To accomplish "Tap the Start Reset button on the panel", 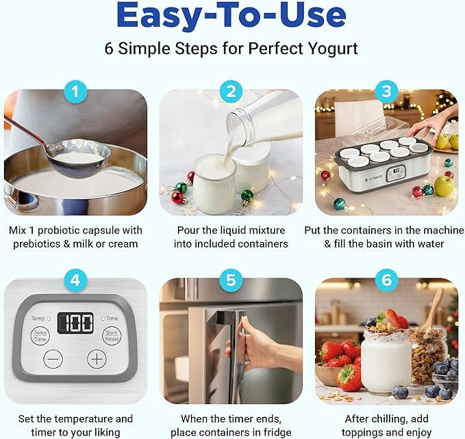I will coord(111,335).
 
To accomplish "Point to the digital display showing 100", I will coord(75,323).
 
